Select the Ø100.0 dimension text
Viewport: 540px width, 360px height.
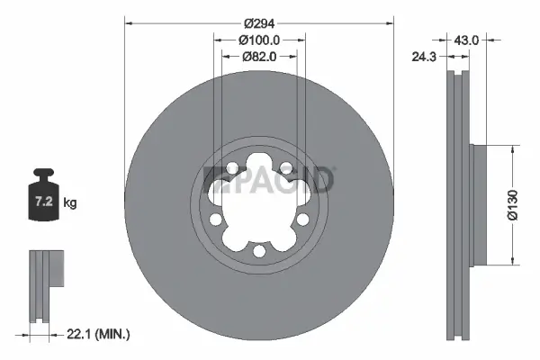(x=259, y=40)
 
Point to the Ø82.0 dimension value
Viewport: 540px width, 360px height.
(x=259, y=56)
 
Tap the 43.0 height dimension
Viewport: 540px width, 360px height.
(x=466, y=40)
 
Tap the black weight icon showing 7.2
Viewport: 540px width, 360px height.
(x=43, y=196)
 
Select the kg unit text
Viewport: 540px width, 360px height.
(x=70, y=203)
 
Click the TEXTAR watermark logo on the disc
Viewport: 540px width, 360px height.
(x=271, y=179)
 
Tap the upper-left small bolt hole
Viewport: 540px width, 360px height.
(x=233, y=169)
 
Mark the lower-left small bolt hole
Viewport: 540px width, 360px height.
(x=217, y=219)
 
